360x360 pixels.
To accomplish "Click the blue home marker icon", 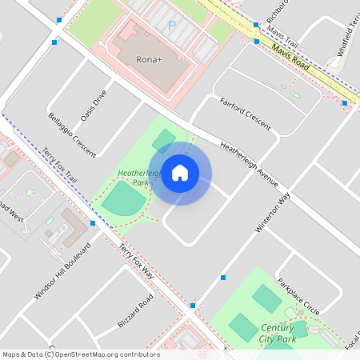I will [x=180, y=173].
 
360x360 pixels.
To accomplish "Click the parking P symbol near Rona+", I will [x=171, y=26].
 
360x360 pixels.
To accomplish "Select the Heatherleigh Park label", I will [x=134, y=178].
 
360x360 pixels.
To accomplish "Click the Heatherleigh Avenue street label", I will [x=249, y=160].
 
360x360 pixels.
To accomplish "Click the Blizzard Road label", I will [x=135, y=311].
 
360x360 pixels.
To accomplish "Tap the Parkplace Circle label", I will [x=298, y=297].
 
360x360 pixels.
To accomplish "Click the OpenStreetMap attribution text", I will [x=80, y=354].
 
